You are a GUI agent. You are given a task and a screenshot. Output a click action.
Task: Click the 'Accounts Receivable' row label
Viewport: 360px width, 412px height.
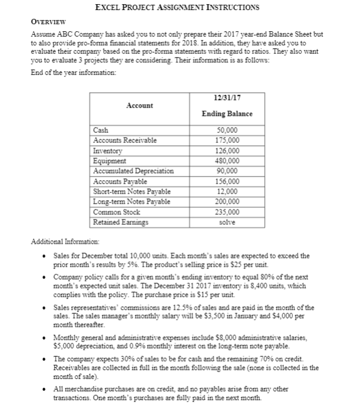point(123,140)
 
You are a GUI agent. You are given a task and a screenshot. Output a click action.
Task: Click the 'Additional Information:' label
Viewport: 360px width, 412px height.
point(61,242)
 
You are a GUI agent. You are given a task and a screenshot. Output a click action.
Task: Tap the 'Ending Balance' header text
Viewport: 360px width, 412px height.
point(227,114)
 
